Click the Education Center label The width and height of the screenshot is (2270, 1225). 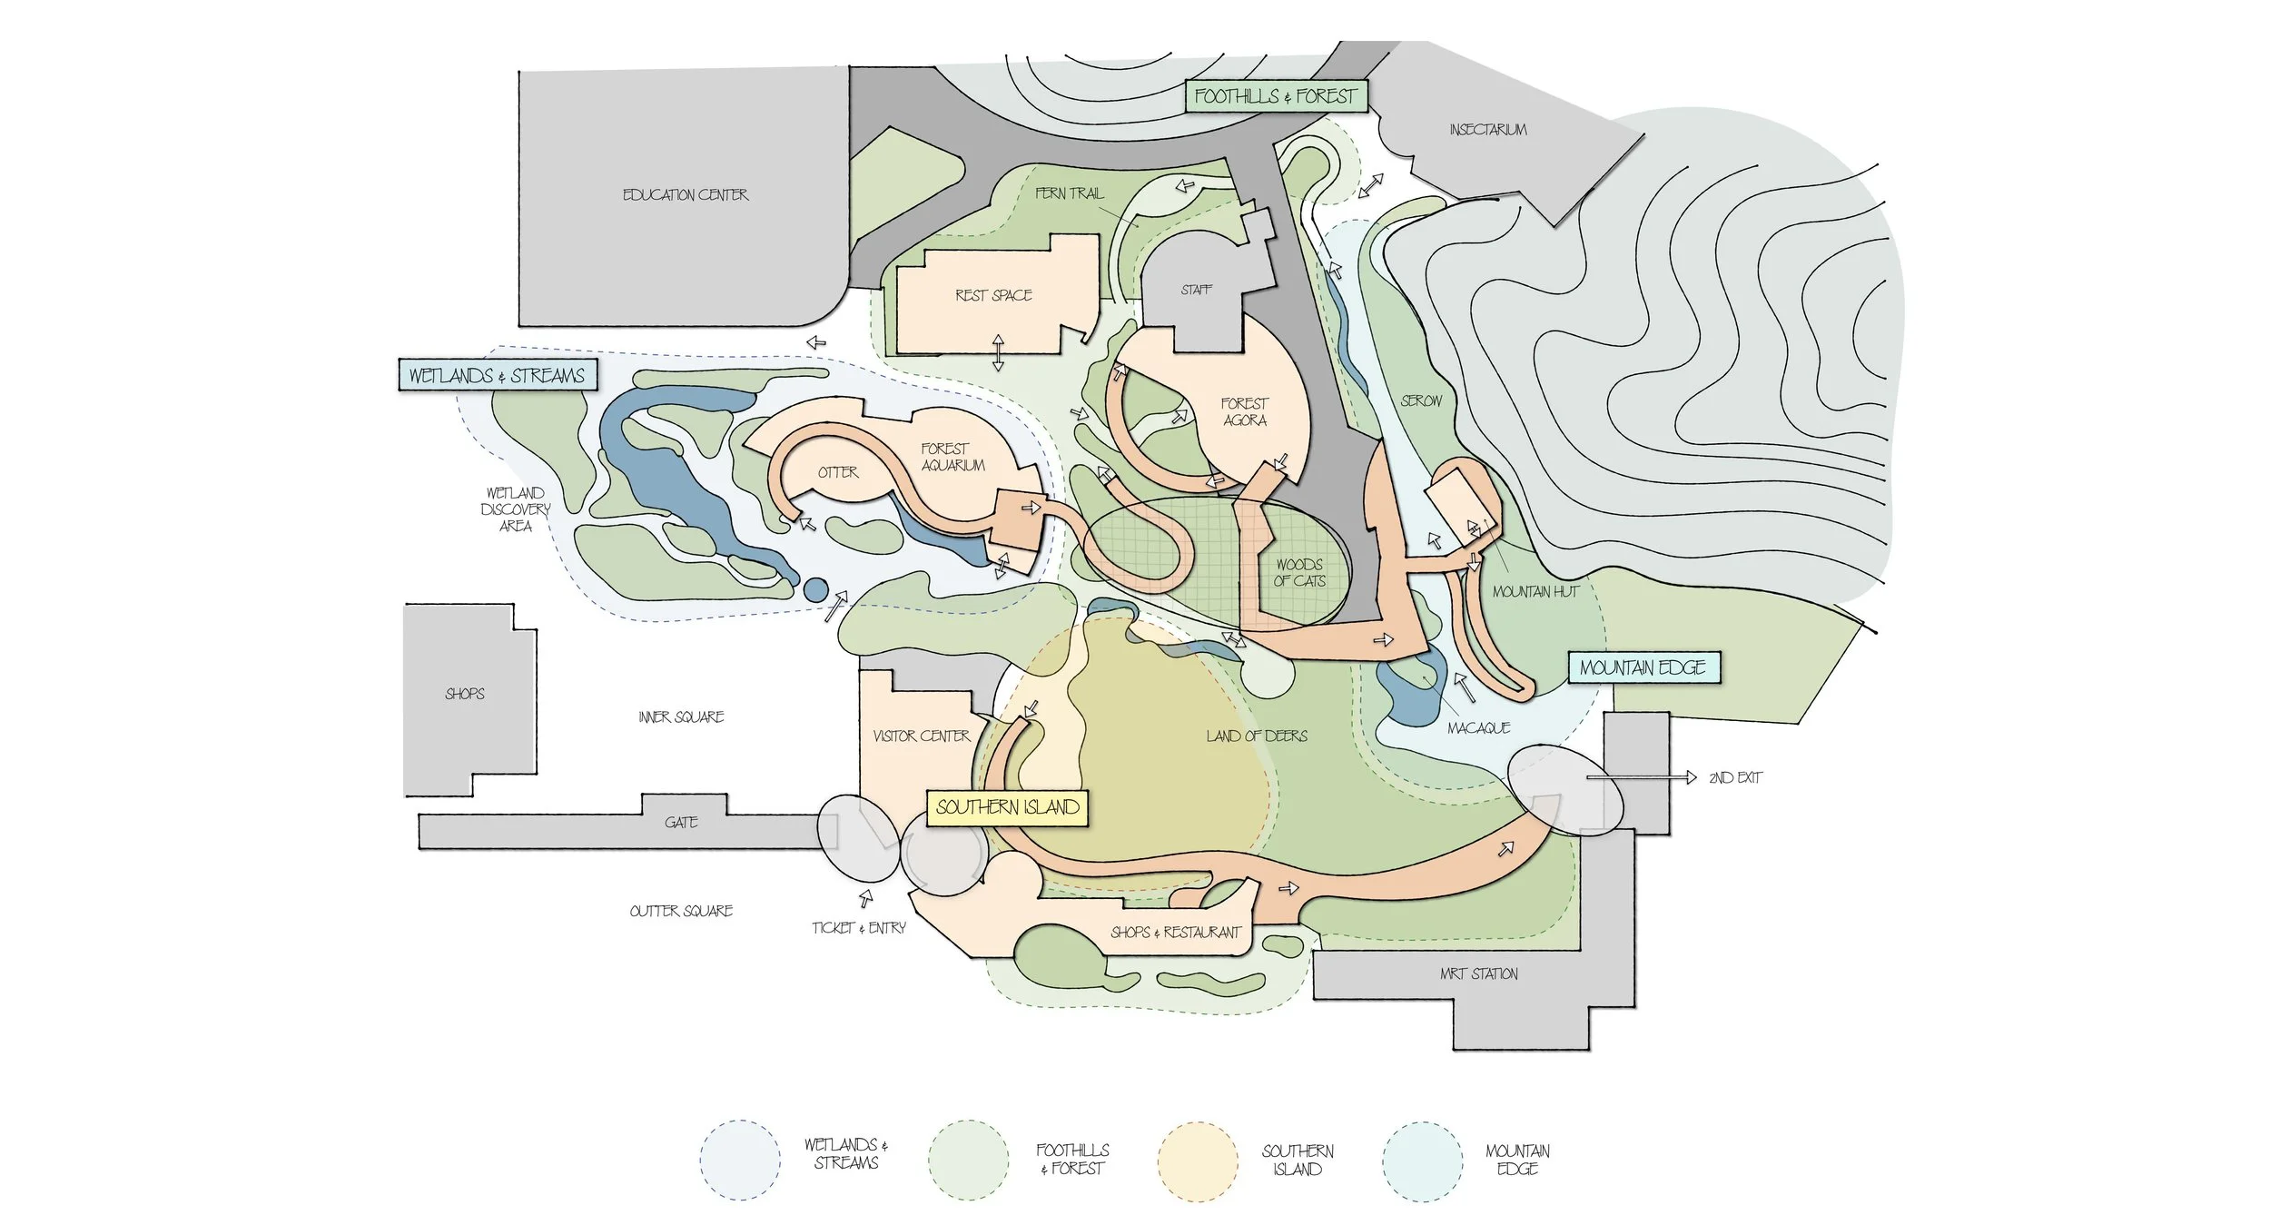click(x=686, y=195)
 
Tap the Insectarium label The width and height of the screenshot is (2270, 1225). click(x=1488, y=130)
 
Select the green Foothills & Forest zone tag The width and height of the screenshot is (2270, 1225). click(x=1275, y=96)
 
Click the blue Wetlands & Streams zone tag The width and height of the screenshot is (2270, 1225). click(x=497, y=375)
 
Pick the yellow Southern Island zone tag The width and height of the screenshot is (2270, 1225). click(x=1007, y=807)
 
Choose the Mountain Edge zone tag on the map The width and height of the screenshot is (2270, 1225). click(x=1643, y=668)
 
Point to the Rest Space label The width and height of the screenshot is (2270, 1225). click(x=993, y=295)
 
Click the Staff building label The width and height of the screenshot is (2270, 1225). click(x=1196, y=290)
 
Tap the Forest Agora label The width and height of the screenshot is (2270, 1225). click(x=1245, y=411)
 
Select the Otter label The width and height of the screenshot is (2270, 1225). click(x=837, y=472)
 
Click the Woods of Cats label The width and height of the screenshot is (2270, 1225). click(x=1299, y=573)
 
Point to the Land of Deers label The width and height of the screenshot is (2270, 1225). click(x=1257, y=736)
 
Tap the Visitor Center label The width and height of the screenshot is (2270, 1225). click(x=921, y=736)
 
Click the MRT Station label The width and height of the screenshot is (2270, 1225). click(x=1478, y=973)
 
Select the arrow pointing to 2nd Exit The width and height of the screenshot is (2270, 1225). click(x=1642, y=777)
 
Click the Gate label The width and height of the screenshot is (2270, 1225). click(x=681, y=823)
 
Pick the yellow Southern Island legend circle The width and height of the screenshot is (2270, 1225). click(x=1197, y=1161)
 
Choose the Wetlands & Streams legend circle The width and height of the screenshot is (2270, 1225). click(x=740, y=1161)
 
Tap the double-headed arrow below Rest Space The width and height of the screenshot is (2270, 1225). click(x=998, y=353)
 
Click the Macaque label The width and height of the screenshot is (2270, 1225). click(x=1478, y=728)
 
